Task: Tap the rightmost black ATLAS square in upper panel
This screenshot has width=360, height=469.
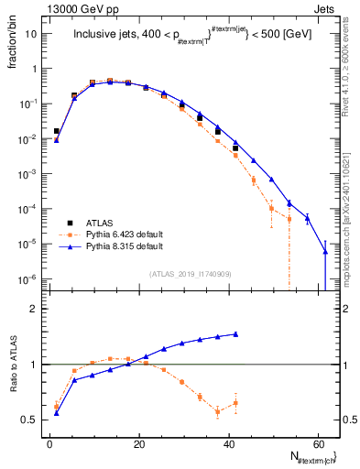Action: click(x=235, y=147)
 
